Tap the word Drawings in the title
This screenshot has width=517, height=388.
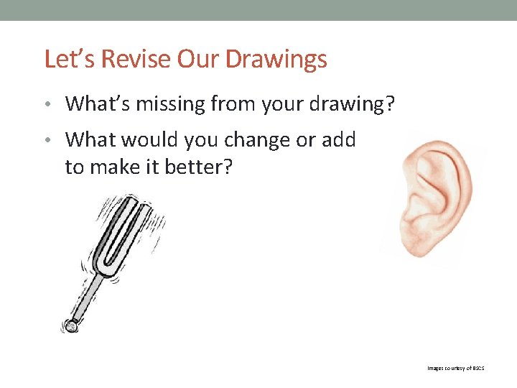pos(276,59)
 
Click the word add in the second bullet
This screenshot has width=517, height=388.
pos(337,139)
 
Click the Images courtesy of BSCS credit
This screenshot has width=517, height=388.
pos(456,368)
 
